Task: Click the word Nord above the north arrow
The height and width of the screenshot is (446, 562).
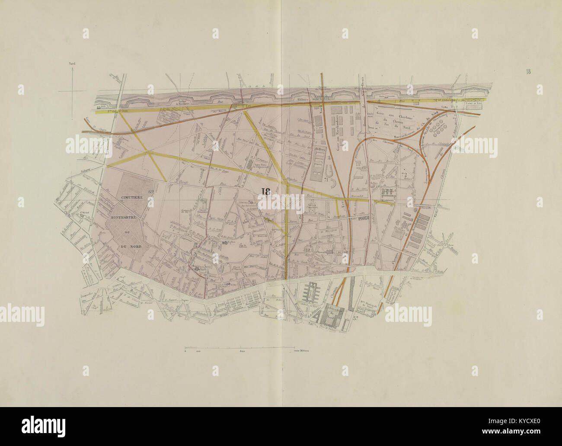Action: (x=72, y=64)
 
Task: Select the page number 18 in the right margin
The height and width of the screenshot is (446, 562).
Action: (x=528, y=72)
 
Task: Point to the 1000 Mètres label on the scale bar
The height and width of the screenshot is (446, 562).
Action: (x=302, y=352)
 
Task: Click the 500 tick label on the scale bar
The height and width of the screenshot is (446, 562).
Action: (x=242, y=352)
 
